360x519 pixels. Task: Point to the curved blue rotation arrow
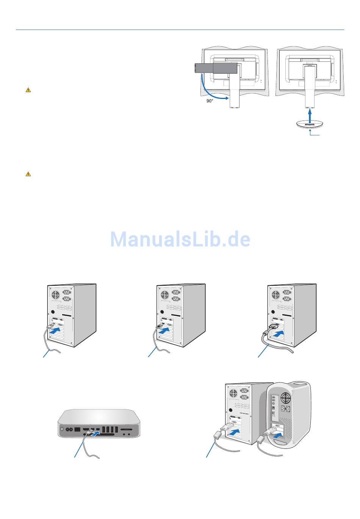pyautogui.click(x=208, y=89)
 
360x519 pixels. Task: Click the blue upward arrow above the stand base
pyautogui.click(x=310, y=114)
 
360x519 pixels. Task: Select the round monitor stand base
pyautogui.click(x=310, y=124)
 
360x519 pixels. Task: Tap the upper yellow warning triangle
pyautogui.click(x=28, y=90)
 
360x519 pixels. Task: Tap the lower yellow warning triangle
pyautogui.click(x=28, y=174)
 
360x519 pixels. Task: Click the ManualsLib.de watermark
pyautogui.click(x=180, y=239)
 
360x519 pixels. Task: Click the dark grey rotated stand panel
pyautogui.click(x=216, y=68)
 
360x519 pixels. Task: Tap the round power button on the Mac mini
pyautogui.click(x=63, y=430)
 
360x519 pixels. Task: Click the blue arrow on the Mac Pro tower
pyautogui.click(x=278, y=436)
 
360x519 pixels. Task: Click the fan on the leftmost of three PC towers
pyautogui.click(x=56, y=295)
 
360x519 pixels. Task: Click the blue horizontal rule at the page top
pyautogui.click(x=180, y=30)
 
